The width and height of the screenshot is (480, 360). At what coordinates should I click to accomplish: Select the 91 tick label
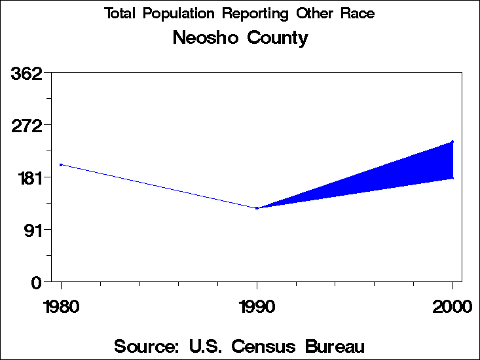pyautogui.click(x=33, y=230)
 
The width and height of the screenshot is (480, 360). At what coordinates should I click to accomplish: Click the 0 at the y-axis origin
pyautogui.click(x=37, y=282)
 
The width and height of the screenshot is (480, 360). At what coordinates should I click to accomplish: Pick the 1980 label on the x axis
pyautogui.click(x=61, y=307)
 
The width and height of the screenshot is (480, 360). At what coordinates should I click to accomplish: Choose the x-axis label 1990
pyautogui.click(x=257, y=307)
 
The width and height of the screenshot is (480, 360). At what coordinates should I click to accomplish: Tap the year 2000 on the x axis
pyautogui.click(x=452, y=307)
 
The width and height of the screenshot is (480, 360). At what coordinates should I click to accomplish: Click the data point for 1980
pyautogui.click(x=61, y=165)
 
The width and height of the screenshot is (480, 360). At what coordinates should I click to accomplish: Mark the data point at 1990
pyautogui.click(x=257, y=208)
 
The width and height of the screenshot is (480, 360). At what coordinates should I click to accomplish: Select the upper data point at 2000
pyautogui.click(x=452, y=141)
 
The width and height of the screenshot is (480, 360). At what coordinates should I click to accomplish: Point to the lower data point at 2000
pyautogui.click(x=452, y=177)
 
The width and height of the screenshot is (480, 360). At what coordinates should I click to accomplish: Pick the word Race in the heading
pyautogui.click(x=358, y=14)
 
